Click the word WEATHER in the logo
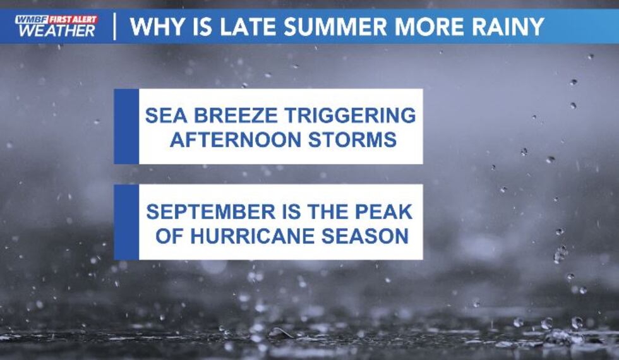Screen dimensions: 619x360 tap(56, 30)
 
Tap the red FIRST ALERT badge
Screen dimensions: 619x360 tap(73, 20)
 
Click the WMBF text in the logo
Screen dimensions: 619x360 tap(32, 20)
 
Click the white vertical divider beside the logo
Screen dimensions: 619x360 tap(114, 27)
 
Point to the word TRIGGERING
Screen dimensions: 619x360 tap(350, 116)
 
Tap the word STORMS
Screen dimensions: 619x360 tap(352, 140)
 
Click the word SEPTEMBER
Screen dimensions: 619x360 tap(210, 212)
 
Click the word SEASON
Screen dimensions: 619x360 tap(365, 236)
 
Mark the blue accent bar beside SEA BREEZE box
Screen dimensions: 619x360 tap(126, 126)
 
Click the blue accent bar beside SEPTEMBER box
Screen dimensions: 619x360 tap(126, 222)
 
